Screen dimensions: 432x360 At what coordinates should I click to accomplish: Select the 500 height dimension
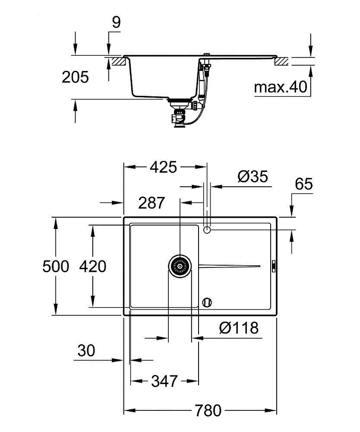coord(56,267)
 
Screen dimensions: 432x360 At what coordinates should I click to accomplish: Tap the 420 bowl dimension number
coord(92,267)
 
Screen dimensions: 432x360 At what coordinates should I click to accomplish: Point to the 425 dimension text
coord(164,167)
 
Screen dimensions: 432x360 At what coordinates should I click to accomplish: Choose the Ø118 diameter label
coord(239,328)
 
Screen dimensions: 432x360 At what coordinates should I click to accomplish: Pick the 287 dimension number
coord(152,203)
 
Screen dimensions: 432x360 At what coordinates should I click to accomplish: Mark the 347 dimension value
coord(164,381)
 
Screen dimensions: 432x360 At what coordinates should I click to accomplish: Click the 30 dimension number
coord(86,351)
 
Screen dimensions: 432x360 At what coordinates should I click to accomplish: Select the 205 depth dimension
coord(75,77)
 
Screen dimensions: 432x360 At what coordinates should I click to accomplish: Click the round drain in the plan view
coord(179,266)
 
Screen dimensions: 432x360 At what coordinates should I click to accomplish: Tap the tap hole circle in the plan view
coord(207,230)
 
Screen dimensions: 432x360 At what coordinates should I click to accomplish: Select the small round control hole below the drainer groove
coord(207,302)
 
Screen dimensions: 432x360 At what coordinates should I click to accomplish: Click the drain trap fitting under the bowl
coord(178,113)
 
